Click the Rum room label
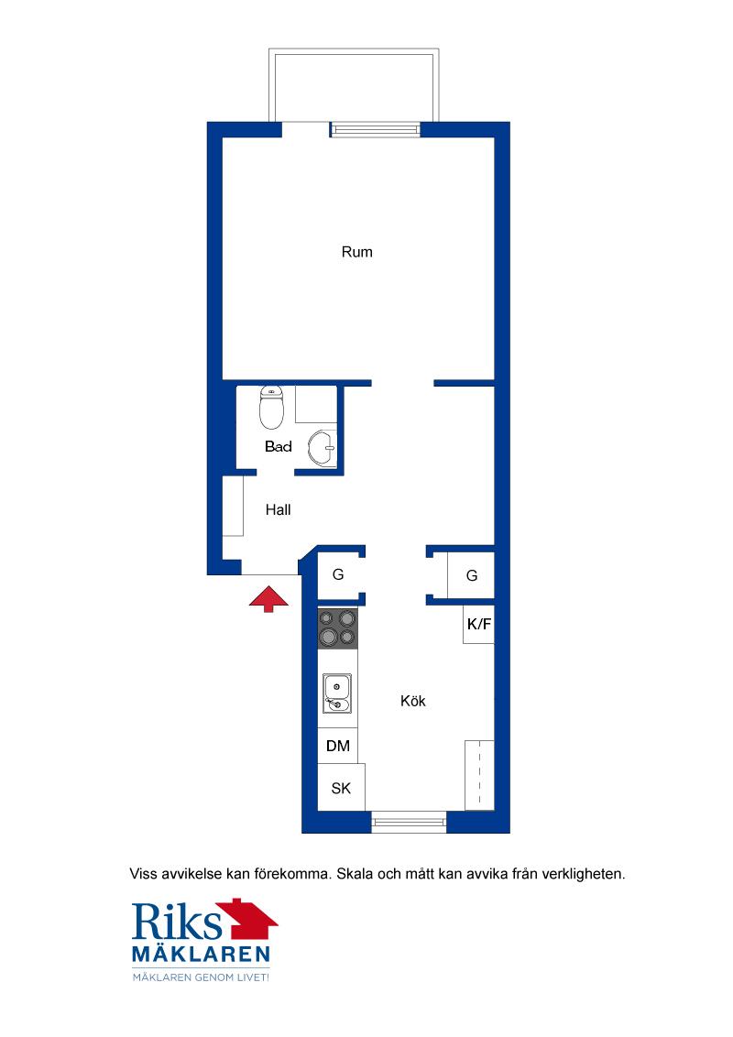click(356, 252)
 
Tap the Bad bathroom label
click(278, 446)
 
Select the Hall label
click(278, 510)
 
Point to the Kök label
click(413, 701)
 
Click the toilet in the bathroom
click(271, 408)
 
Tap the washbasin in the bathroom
click(323, 448)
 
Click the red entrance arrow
click(268, 598)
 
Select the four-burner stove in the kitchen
click(338, 628)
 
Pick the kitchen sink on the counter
click(337, 693)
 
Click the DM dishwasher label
click(338, 746)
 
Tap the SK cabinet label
click(341, 789)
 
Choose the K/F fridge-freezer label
click(479, 624)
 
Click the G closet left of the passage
click(338, 574)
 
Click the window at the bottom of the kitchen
click(409, 822)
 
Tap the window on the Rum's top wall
click(375, 130)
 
